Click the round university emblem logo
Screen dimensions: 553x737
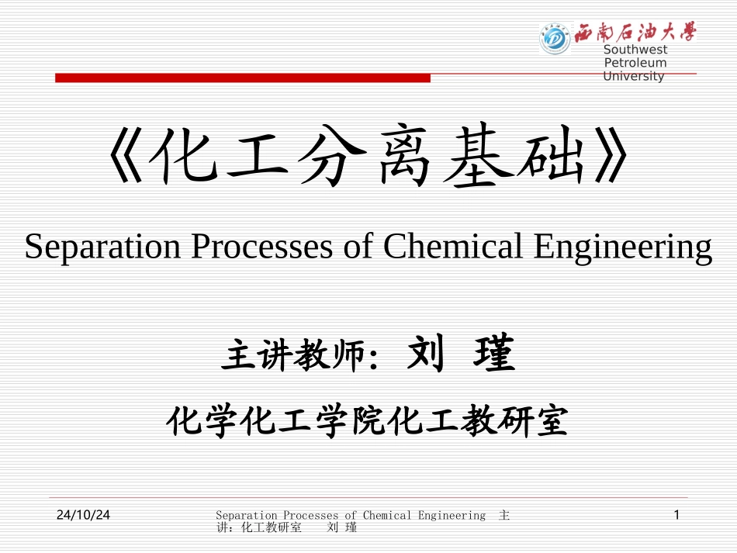pyautogui.click(x=555, y=37)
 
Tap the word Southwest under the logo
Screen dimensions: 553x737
pyautogui.click(x=635, y=50)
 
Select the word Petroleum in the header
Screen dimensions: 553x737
pyautogui.click(x=635, y=63)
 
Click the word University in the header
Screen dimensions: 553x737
pyautogui.click(x=634, y=76)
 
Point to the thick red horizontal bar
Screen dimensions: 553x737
pyautogui.click(x=242, y=78)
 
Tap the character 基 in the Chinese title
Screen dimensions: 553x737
pyautogui.click(x=480, y=161)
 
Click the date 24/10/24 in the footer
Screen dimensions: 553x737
pyautogui.click(x=83, y=515)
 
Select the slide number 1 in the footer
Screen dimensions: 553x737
pyautogui.click(x=677, y=515)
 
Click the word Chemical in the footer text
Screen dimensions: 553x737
pyautogui.click(x=387, y=515)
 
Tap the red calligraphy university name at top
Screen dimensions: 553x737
pyautogui.click(x=635, y=33)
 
